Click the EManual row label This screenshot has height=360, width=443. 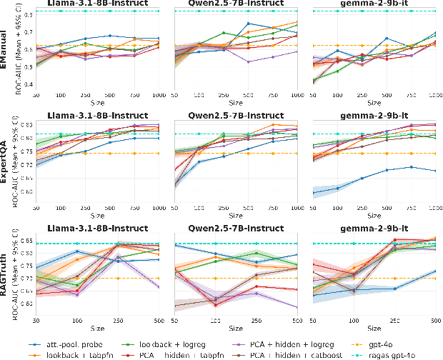pos(5,49)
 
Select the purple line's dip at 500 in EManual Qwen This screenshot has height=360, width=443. pos(247,61)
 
